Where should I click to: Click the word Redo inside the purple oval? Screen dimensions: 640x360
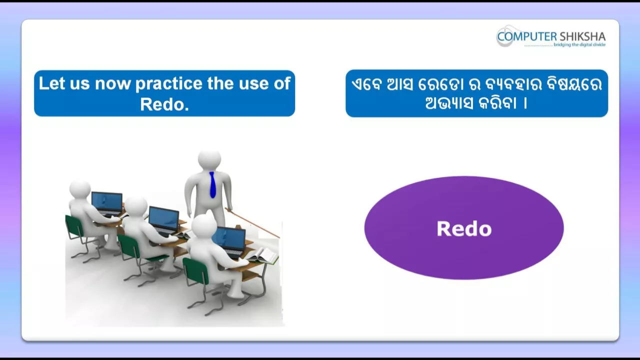(464, 228)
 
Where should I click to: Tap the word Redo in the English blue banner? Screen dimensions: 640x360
(164, 104)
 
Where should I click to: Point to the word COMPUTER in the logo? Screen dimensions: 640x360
(527, 36)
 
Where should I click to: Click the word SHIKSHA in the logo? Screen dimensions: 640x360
(582, 36)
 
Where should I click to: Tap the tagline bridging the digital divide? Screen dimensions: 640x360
(579, 44)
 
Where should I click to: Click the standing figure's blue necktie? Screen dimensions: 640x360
(212, 184)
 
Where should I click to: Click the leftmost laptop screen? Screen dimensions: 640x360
(107, 201)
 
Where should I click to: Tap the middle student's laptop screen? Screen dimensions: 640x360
(163, 219)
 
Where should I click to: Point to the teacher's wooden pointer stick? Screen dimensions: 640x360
(252, 223)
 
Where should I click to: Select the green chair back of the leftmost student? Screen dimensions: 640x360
(74, 227)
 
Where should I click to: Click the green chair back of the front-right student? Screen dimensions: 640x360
(196, 271)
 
